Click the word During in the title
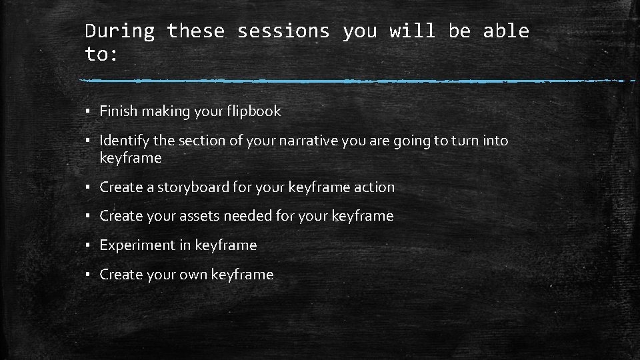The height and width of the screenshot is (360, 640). [x=120, y=31]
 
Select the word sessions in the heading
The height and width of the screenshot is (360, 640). [x=283, y=31]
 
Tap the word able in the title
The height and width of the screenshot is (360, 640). [x=507, y=31]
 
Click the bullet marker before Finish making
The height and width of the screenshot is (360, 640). [x=88, y=112]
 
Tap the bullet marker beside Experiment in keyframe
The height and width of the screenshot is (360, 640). [x=88, y=246]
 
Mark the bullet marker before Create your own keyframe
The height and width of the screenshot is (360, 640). [x=88, y=275]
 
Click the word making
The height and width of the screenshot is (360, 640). [x=160, y=112]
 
